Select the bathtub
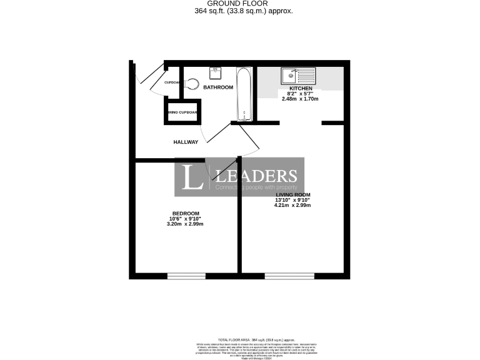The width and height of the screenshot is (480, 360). (x=244, y=94)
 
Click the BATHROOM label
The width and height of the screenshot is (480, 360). (x=218, y=87)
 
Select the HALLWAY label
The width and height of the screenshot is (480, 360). (x=186, y=142)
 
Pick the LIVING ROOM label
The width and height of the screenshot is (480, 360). (x=294, y=195)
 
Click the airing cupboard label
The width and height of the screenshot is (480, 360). (x=183, y=112)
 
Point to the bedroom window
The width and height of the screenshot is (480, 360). (x=186, y=276)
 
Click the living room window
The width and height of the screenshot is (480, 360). (x=289, y=276)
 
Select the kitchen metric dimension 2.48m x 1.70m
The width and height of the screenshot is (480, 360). (x=300, y=99)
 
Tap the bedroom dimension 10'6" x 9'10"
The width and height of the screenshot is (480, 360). (x=186, y=219)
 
